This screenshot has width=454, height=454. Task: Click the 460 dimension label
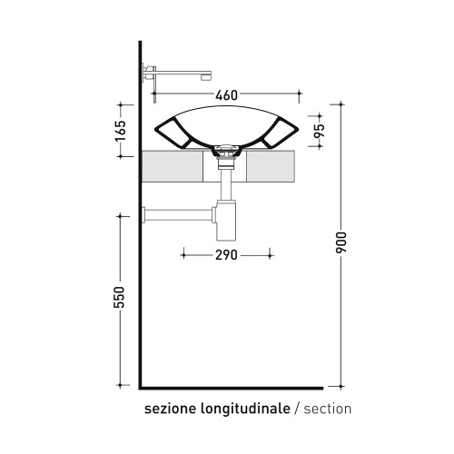click(x=227, y=95)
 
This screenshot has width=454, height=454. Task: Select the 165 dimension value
click(x=121, y=131)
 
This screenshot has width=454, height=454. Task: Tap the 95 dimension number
click(x=320, y=131)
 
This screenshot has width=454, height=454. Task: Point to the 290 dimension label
click(x=226, y=255)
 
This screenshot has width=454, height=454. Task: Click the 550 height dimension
click(x=119, y=297)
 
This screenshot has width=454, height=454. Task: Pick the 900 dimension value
click(x=340, y=242)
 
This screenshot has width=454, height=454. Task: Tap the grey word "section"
click(x=328, y=409)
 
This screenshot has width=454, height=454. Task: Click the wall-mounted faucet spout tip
click(x=206, y=77)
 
